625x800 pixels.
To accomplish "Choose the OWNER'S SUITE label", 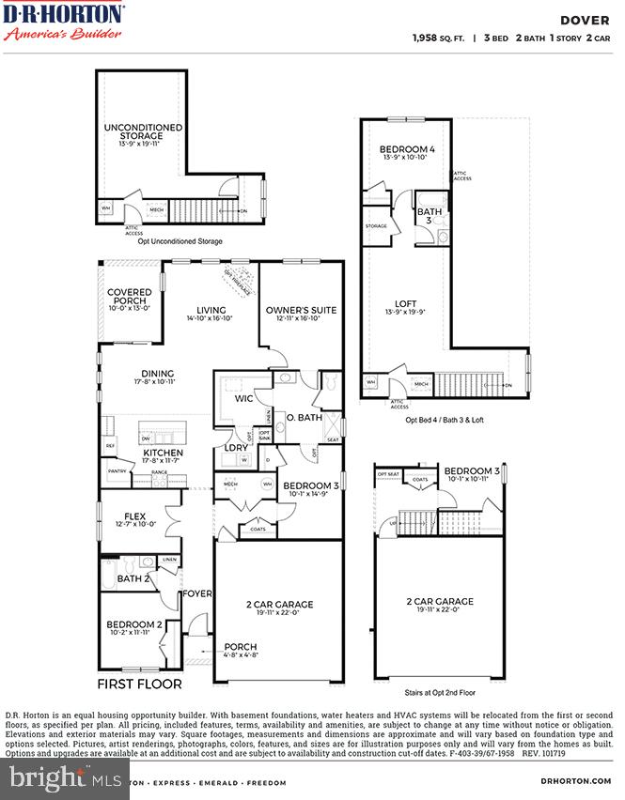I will pos(300,311).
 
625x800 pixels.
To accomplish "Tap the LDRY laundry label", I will pos(235,448).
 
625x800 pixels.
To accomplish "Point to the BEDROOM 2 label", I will pos(133,624).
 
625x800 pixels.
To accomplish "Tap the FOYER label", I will pos(197,593).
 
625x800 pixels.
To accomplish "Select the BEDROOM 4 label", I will pos(407,150).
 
